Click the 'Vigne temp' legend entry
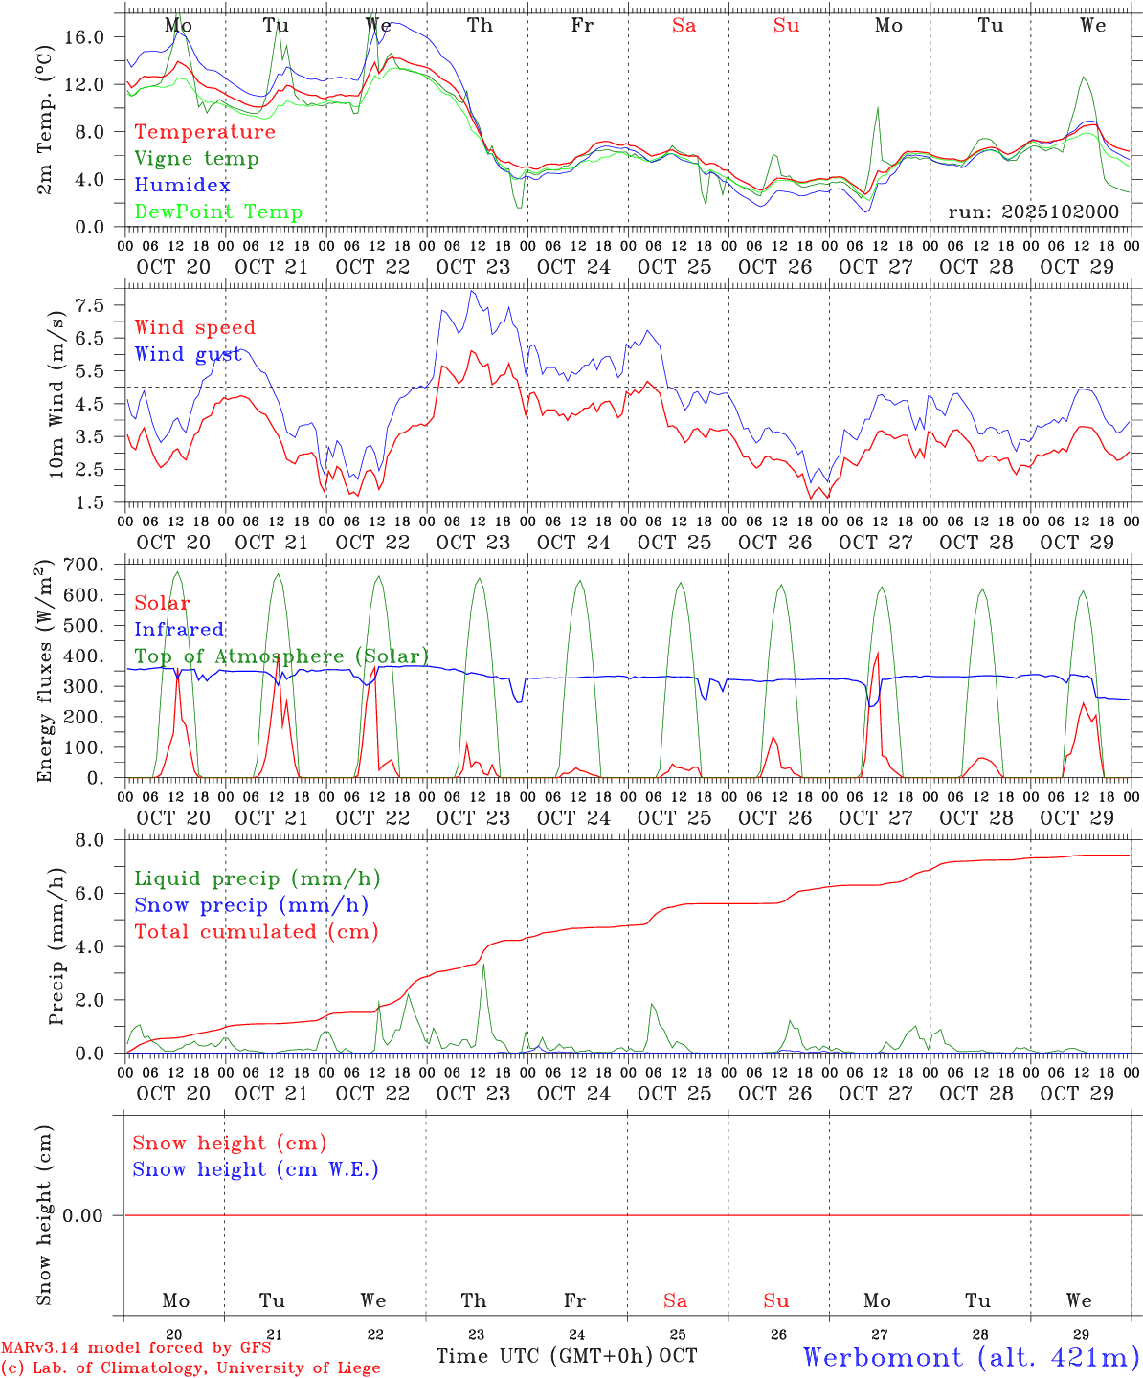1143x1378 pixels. coord(196,159)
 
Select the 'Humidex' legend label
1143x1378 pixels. coord(182,185)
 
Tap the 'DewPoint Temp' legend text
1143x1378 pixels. coord(218,211)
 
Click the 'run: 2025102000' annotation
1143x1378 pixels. coord(1033,211)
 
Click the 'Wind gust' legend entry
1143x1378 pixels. coord(188,354)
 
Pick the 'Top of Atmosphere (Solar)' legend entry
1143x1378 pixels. coord(281,656)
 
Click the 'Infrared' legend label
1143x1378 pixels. coord(179,630)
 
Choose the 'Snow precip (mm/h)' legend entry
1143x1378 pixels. coord(251,905)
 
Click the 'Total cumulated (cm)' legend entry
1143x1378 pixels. coord(256,931)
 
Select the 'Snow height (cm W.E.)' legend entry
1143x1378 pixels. coord(256,1169)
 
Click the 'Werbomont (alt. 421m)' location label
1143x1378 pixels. coord(971,1357)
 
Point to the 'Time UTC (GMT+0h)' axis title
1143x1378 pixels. coord(545,1356)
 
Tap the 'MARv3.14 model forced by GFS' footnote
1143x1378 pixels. coord(136,1348)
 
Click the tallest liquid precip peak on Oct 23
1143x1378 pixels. coord(483,966)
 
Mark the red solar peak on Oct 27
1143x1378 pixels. coord(877,653)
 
